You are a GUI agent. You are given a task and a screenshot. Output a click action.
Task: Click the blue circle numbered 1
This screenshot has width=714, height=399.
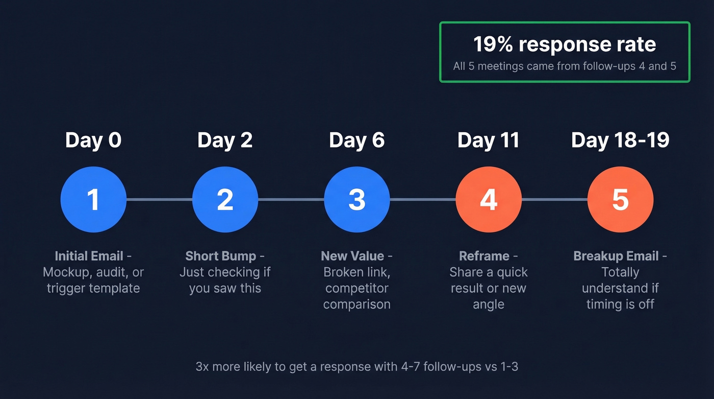tap(93, 199)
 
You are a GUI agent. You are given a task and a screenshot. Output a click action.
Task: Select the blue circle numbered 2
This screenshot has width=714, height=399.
tap(225, 199)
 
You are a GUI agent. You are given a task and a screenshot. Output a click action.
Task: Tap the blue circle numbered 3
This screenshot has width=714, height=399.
tap(357, 199)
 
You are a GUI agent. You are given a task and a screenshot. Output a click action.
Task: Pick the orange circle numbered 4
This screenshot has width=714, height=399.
tap(489, 199)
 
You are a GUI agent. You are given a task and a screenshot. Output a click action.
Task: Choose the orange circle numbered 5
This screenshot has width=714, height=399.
tap(620, 199)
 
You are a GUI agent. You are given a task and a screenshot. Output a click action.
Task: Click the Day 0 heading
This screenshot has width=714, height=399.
tap(93, 140)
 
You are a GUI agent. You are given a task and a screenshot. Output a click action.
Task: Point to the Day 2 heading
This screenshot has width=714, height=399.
tap(225, 140)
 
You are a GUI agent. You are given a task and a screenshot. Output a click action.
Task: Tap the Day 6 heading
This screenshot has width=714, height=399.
tap(357, 140)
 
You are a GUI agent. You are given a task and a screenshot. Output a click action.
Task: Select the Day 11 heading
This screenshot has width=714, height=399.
tap(489, 140)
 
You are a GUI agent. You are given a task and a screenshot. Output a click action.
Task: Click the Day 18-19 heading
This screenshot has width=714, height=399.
tap(620, 140)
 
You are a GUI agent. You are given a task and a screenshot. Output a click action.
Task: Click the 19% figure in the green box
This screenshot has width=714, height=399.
tap(493, 44)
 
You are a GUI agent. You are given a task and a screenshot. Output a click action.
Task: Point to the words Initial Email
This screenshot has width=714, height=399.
tap(89, 256)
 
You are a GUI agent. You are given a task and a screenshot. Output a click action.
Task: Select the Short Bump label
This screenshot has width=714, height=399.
tap(220, 256)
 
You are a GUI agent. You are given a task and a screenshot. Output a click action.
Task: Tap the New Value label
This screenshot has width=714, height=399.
tap(352, 256)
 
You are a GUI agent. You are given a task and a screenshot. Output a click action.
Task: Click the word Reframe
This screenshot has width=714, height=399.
tap(484, 256)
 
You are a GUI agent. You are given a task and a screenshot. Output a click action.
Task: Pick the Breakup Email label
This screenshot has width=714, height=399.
tap(616, 256)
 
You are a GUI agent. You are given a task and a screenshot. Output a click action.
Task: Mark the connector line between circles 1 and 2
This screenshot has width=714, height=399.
tap(159, 199)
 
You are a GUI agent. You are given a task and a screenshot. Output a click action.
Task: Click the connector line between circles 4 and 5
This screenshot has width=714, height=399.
tap(554, 199)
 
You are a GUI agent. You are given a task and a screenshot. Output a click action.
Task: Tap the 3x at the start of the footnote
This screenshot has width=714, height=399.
tap(202, 367)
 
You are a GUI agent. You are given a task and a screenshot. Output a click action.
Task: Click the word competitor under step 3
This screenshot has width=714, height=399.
tap(357, 288)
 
